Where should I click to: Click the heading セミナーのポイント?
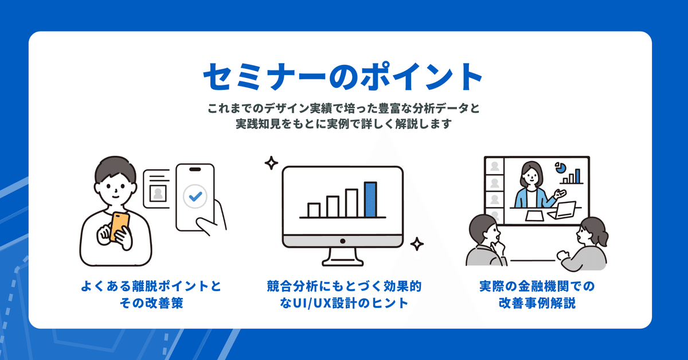[x=342, y=76]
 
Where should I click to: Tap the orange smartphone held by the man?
[x=119, y=226]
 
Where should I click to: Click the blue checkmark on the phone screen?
[x=196, y=196]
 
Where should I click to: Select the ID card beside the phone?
[x=157, y=189]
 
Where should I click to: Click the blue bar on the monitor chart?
[x=370, y=199]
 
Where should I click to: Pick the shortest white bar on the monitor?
[x=314, y=210]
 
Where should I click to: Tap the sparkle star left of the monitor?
[x=271, y=163]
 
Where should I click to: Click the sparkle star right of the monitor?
[x=417, y=244]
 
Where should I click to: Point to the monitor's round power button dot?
[x=343, y=241]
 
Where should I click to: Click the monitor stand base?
[x=343, y=263]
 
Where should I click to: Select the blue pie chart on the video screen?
[x=560, y=167]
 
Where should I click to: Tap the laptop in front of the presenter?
[x=562, y=210]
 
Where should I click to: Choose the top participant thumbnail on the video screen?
[x=494, y=166]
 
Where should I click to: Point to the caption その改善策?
[x=151, y=303]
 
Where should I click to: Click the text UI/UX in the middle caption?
[x=311, y=303]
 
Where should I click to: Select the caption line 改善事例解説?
[x=537, y=303]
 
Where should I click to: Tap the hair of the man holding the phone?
[x=115, y=170]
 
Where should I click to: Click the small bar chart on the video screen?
[x=571, y=177]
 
